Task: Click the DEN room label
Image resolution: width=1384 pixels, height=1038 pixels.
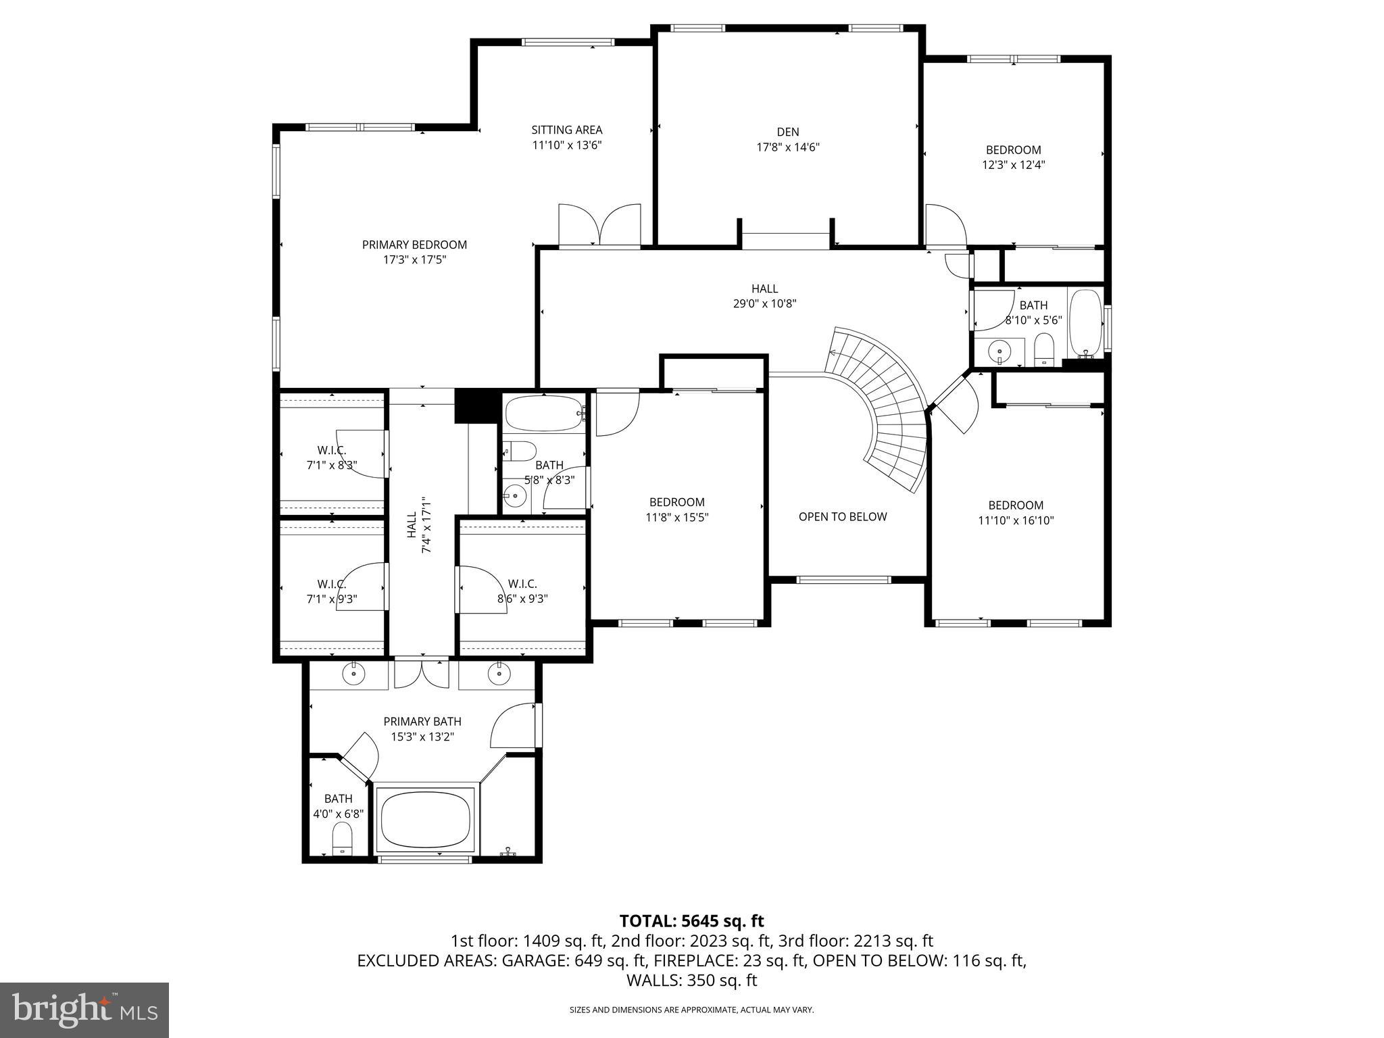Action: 787,132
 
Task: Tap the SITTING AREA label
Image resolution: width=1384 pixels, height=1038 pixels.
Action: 566,130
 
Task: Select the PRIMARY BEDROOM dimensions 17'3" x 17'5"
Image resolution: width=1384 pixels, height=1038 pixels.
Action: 414,259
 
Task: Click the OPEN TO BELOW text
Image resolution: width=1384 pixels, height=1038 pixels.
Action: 842,517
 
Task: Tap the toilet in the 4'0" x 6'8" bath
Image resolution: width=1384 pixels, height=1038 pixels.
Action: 342,839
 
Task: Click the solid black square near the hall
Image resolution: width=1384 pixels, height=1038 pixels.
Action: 475,405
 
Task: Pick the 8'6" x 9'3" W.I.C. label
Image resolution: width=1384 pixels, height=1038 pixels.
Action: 522,591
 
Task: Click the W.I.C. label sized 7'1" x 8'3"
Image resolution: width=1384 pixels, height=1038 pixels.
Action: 331,458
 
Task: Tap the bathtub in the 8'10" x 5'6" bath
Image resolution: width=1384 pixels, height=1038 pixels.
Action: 1085,322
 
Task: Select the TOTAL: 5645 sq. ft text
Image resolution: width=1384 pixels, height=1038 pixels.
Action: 691,921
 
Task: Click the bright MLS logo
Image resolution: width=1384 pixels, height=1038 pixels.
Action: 84,1010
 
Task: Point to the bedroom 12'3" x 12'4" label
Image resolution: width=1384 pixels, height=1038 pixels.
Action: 1013,157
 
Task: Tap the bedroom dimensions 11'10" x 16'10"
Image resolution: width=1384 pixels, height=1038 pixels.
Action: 1016,520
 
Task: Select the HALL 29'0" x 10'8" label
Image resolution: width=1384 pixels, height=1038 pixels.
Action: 764,296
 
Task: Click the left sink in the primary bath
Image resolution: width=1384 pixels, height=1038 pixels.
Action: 353,673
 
